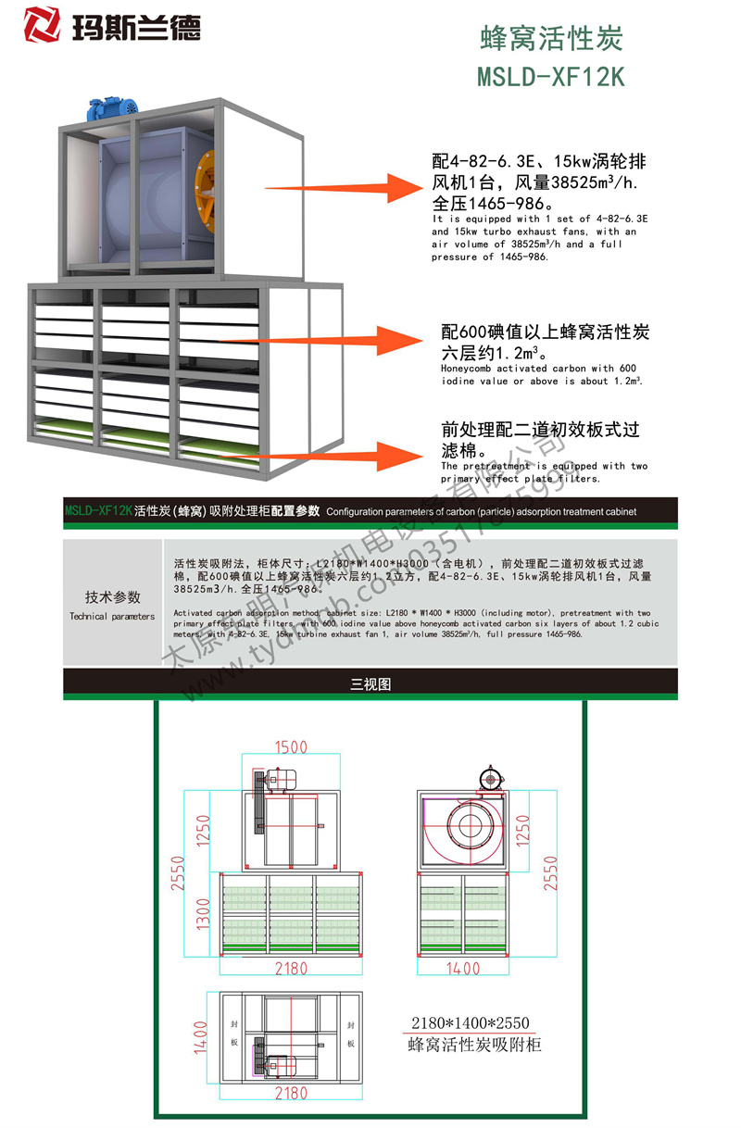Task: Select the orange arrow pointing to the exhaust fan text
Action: pos(379,190)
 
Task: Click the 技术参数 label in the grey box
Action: pos(113,597)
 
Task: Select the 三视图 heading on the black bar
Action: pos(370,684)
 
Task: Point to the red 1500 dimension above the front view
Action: pos(290,747)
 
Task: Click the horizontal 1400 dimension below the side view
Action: pos(462,969)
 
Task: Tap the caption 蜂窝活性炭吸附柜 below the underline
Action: pos(473,1046)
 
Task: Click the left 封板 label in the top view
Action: pos(234,1034)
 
